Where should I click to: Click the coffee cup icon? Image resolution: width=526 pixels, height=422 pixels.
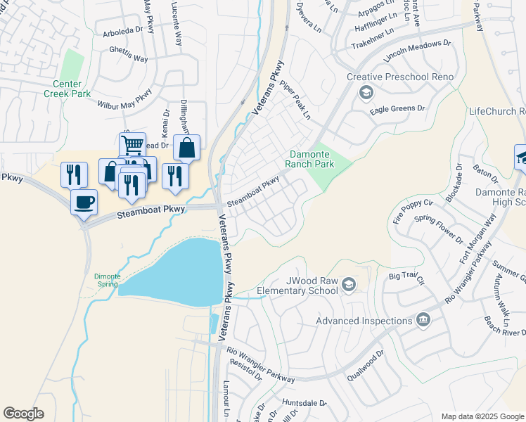tap(84, 203)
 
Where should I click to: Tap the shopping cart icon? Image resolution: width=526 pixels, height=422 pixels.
tap(131, 145)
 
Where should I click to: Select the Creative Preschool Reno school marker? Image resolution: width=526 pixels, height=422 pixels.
tap(366, 92)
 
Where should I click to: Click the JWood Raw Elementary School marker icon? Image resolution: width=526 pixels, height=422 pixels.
tap(349, 284)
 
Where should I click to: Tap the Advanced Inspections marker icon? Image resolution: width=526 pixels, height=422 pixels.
tap(423, 321)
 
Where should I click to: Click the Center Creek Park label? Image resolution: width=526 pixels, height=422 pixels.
tap(68, 89)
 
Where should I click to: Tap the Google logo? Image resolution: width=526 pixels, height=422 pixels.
tap(23, 414)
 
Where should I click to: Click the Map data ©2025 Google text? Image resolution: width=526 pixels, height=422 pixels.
tap(482, 416)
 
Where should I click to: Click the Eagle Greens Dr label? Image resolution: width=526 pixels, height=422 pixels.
tap(398, 109)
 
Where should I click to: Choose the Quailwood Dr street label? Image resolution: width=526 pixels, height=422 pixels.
tap(366, 365)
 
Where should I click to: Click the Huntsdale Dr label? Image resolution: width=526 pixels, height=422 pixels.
tap(304, 403)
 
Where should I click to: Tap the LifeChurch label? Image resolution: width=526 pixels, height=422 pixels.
tap(496, 111)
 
